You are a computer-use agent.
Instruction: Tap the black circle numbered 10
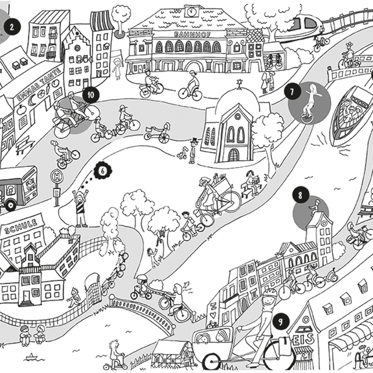click(90, 95)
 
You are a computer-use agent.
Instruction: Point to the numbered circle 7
click(292, 92)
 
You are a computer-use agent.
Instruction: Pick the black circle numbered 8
click(300, 196)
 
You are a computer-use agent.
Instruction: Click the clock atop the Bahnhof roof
click(191, 11)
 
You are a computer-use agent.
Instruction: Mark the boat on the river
click(349, 111)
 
